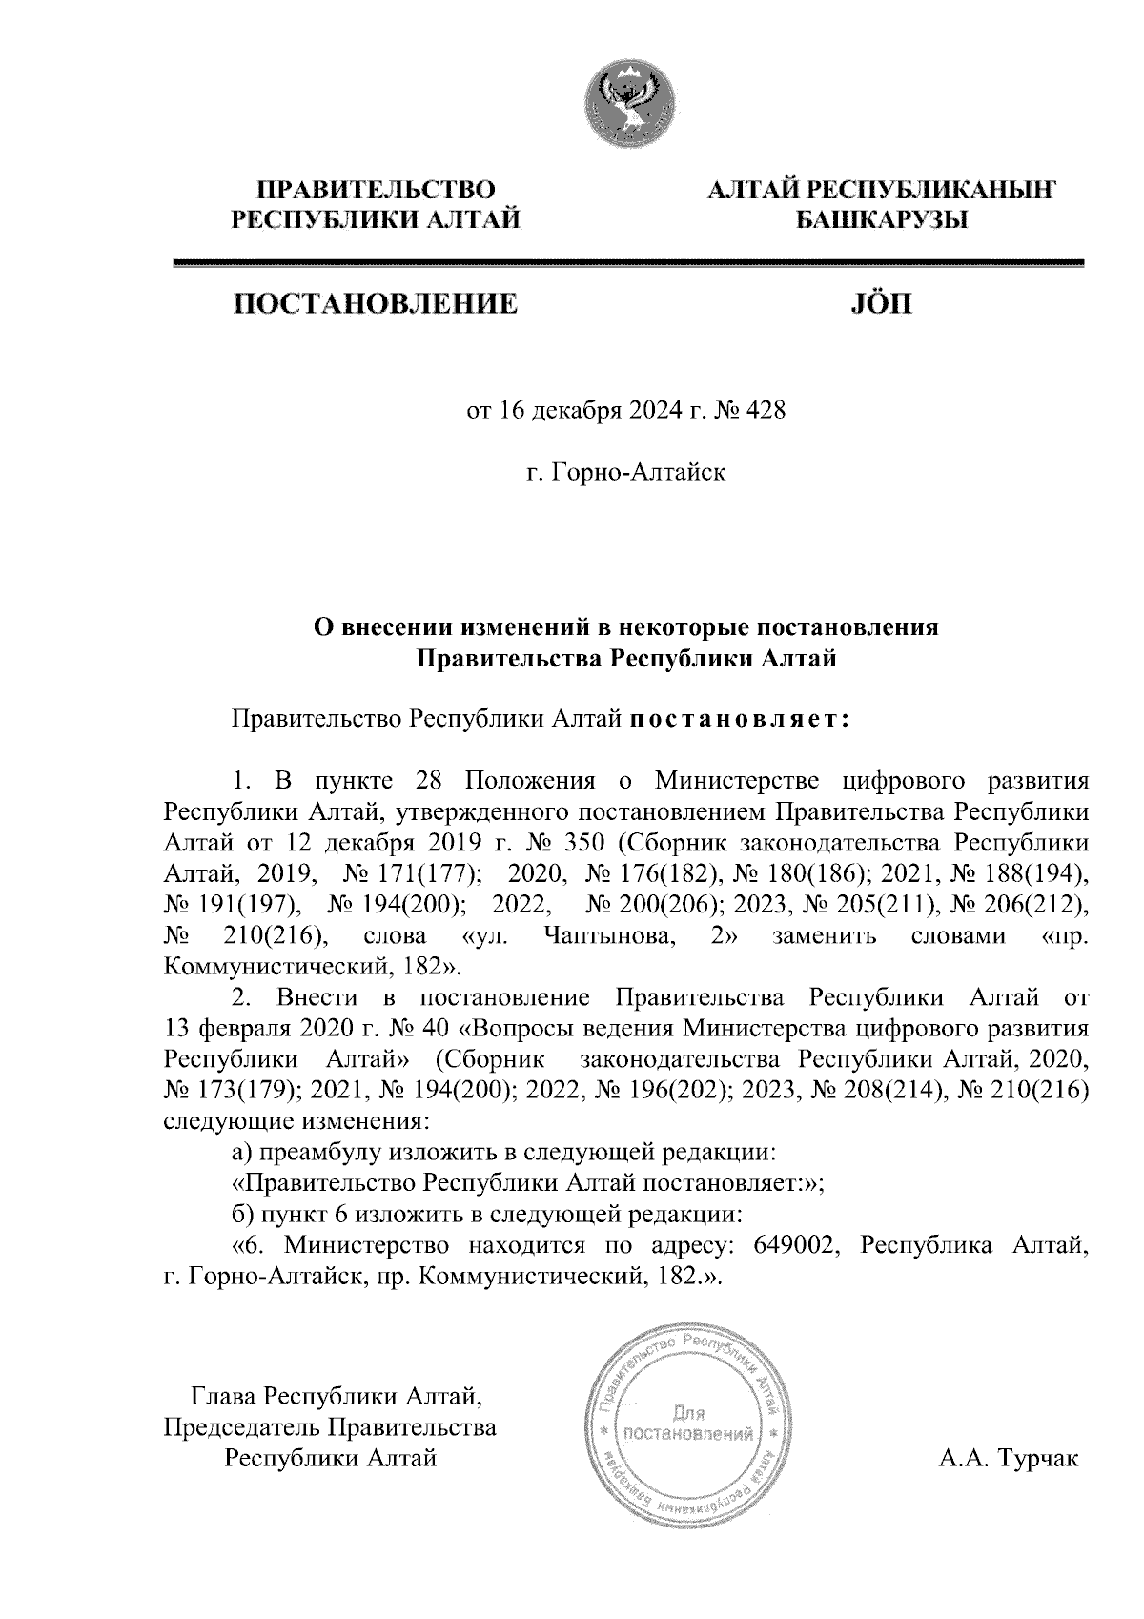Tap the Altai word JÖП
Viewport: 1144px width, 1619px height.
click(x=879, y=305)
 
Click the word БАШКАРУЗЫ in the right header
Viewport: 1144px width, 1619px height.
click(x=881, y=220)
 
